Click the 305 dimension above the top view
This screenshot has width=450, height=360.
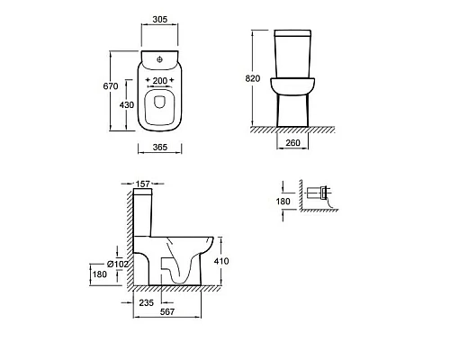[x=160, y=20]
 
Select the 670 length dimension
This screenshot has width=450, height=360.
[x=111, y=86]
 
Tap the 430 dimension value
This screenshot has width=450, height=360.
[x=127, y=105]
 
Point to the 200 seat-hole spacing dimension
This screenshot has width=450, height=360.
[x=160, y=81]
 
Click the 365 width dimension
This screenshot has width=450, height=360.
[x=160, y=148]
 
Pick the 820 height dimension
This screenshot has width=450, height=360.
[x=253, y=78]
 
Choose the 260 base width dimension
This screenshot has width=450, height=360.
[x=292, y=143]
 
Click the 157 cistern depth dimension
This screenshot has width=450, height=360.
[x=143, y=184]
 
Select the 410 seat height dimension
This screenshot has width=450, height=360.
[x=221, y=261]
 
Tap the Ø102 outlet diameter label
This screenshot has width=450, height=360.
[x=118, y=264]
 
